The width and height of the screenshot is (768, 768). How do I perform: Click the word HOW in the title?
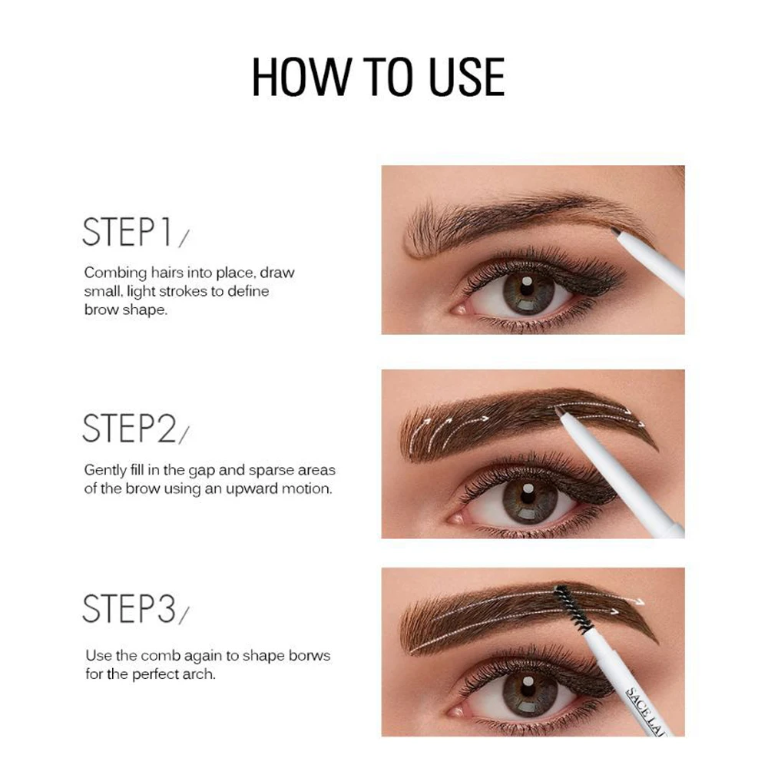pos(301,77)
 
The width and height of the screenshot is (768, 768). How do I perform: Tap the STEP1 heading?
pos(127,232)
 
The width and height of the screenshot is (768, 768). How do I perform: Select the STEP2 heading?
pos(129,428)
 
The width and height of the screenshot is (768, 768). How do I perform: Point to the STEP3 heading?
pos(129,608)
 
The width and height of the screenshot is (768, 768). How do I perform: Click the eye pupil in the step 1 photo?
pos(527,287)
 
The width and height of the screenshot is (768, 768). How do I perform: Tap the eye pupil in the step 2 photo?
pos(527,495)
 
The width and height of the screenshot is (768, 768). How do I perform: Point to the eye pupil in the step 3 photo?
pos(527,687)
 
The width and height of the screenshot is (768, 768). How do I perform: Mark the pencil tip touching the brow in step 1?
pos(614,230)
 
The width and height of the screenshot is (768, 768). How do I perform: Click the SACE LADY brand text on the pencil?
pos(647,713)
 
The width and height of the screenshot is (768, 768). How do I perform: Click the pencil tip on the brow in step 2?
pos(558,412)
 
